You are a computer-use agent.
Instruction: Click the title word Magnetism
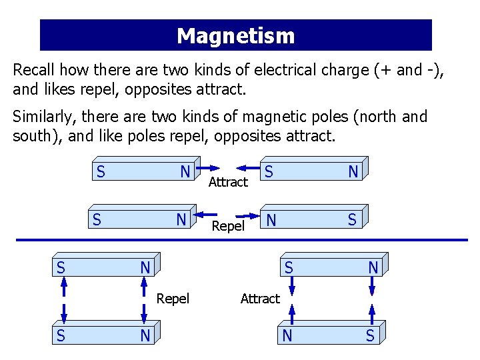pyautogui.click(x=235, y=35)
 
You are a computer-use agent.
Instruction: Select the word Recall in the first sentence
pyautogui.click(x=35, y=71)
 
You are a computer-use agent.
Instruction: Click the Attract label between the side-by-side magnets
pyautogui.click(x=228, y=182)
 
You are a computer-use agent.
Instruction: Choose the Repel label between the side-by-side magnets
pyautogui.click(x=228, y=226)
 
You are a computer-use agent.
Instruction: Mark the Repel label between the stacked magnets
pyautogui.click(x=173, y=299)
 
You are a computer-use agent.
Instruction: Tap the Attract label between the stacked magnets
pyautogui.click(x=260, y=299)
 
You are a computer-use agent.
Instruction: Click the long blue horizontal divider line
pyautogui.click(x=240, y=240)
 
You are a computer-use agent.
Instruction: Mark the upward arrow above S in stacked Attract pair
pyautogui.click(x=372, y=315)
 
